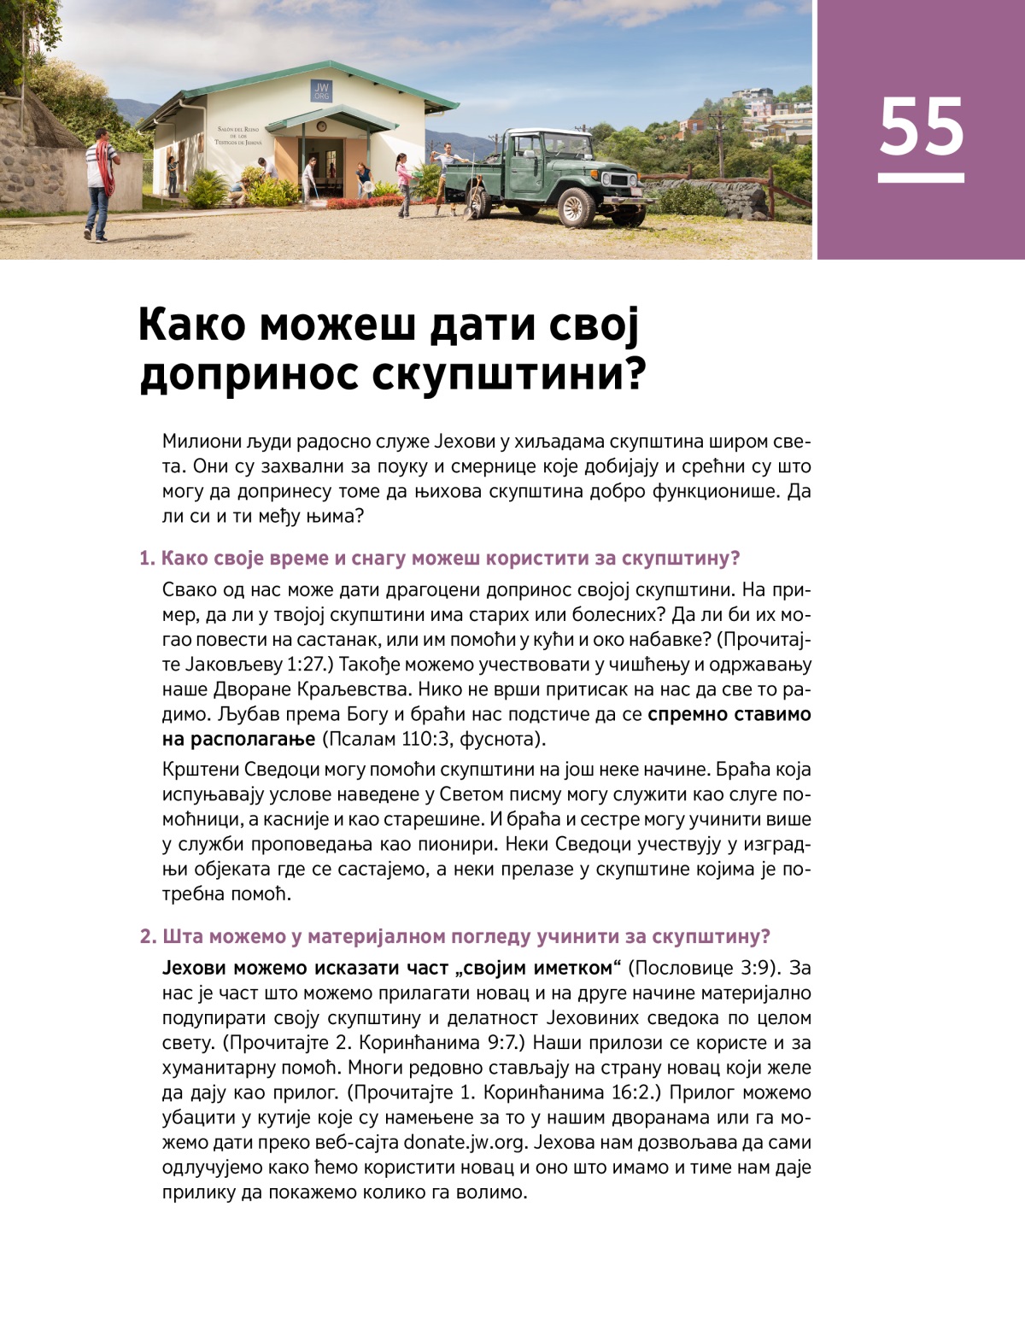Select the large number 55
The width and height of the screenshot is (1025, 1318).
tap(921, 127)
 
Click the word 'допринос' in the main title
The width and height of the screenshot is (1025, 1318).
tap(249, 373)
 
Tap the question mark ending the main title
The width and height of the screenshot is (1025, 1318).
tap(634, 373)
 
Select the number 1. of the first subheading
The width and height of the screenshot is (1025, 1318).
tap(147, 559)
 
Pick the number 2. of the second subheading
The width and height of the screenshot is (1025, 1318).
tap(148, 936)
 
